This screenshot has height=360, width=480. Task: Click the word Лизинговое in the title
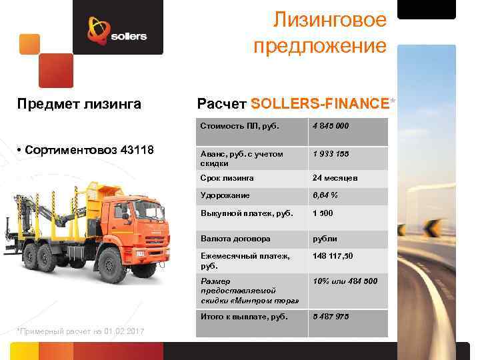click(330, 21)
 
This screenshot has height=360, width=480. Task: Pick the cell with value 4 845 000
click(331, 126)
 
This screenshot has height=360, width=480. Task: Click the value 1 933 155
click(331, 154)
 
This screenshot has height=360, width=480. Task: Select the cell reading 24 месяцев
click(335, 179)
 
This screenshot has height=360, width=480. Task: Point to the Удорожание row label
click(225, 195)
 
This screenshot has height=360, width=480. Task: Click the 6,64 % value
click(325, 195)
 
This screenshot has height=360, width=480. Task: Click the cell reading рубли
click(325, 238)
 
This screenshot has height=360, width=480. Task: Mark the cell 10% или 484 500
click(345, 281)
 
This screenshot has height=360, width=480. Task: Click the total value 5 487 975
click(331, 317)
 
